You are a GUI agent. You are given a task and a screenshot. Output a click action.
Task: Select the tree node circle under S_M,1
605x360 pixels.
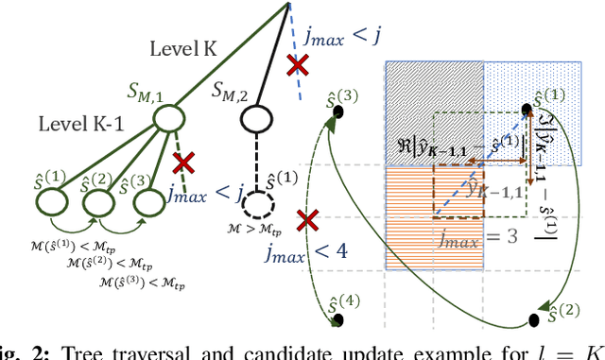[168, 118]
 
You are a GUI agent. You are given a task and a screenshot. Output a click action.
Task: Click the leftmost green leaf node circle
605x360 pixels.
[52, 201]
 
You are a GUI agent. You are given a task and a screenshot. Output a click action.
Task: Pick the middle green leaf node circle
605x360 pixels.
[98, 201]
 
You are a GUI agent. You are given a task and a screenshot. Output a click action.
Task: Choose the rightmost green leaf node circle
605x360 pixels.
[145, 201]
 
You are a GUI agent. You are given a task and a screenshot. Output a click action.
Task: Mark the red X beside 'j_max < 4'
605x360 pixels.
[306, 222]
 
